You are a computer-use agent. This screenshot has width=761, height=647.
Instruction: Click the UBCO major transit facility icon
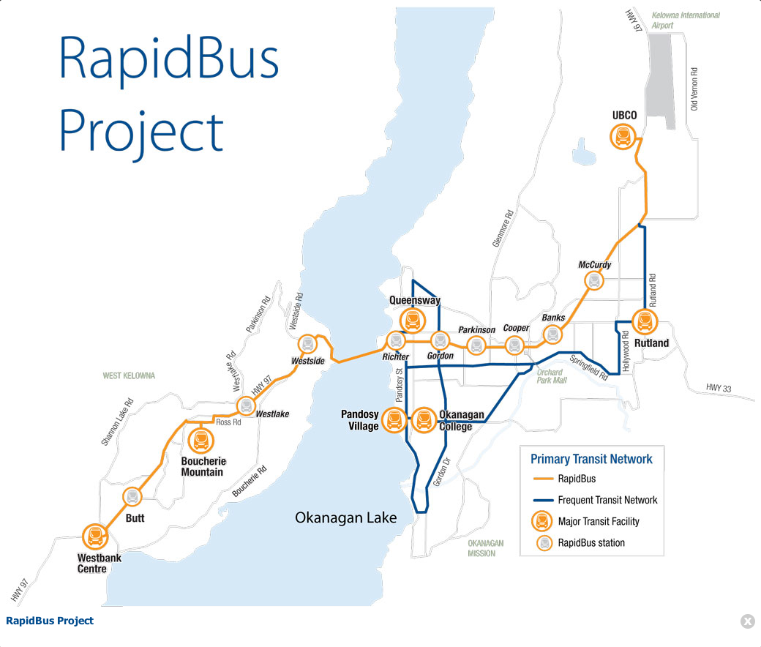(623, 136)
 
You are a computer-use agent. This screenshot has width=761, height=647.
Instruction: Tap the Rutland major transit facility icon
(645, 322)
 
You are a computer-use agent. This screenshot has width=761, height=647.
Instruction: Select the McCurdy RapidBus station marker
(595, 280)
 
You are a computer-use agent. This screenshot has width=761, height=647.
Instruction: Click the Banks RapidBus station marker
(553, 334)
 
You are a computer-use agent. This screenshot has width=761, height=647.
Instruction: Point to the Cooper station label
(516, 329)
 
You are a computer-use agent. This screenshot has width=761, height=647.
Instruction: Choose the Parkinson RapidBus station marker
(477, 345)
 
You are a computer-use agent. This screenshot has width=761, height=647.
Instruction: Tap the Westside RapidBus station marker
(308, 343)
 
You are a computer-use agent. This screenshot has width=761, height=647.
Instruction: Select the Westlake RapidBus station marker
(245, 406)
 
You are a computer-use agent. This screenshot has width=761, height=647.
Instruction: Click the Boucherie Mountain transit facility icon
(200, 441)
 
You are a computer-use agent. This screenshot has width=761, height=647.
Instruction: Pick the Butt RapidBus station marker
(132, 497)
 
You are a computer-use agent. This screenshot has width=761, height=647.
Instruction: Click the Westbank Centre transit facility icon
(94, 536)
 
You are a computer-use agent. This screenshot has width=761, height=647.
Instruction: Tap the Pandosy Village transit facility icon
(395, 419)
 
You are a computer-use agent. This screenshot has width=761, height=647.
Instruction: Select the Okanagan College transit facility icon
(424, 419)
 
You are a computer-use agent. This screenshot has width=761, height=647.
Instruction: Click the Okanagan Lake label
(345, 518)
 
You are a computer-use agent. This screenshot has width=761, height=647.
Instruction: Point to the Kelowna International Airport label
(686, 20)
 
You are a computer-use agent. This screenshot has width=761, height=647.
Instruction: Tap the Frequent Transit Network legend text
(607, 501)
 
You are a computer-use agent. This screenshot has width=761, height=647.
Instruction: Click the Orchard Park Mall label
(552, 375)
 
